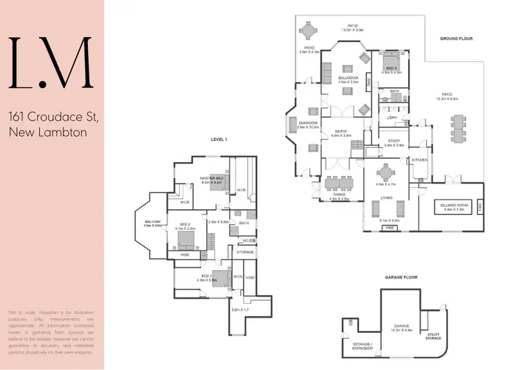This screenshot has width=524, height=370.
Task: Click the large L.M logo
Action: [51, 62]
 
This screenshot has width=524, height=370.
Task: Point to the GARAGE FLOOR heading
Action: [400, 277]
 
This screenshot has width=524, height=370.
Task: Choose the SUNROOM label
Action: [307, 124]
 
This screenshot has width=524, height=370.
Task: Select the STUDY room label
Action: [393, 142]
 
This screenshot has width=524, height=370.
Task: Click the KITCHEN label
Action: [419, 160]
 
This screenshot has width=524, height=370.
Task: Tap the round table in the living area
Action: [386, 172]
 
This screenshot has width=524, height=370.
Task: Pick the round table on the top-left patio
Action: [309, 31]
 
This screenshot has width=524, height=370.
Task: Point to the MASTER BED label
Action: [211, 179]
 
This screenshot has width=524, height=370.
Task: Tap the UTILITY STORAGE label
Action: [433, 336]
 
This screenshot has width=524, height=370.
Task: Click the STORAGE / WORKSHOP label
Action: [363, 346]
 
